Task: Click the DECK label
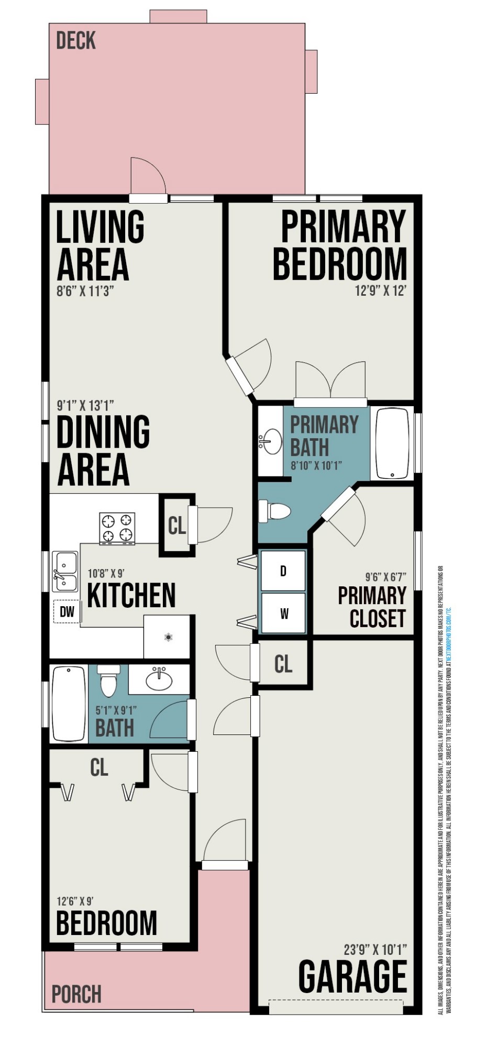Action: (x=76, y=41)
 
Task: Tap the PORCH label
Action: (x=76, y=994)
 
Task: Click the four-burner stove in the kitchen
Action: (x=117, y=528)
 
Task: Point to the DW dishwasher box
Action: (x=67, y=611)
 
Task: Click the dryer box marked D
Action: (x=283, y=571)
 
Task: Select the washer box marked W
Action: (x=283, y=613)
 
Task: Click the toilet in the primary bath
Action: (x=274, y=511)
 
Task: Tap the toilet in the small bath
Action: (x=108, y=682)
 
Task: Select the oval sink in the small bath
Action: (x=159, y=680)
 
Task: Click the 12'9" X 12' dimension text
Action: (x=381, y=291)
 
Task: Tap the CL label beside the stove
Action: (x=176, y=525)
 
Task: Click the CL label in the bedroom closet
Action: (x=99, y=767)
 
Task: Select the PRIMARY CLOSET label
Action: (x=372, y=607)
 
